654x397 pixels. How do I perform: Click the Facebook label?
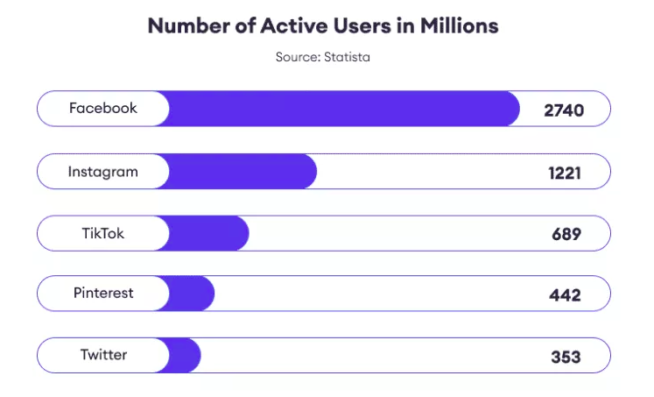tap(103, 109)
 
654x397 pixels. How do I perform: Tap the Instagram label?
tap(103, 172)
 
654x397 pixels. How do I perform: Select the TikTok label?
tap(103, 233)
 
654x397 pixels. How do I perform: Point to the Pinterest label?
tap(103, 294)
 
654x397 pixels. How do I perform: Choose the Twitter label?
tap(103, 355)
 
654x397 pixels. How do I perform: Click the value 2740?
tap(563, 110)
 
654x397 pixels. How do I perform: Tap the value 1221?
tap(565, 173)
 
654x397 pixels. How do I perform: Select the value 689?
tap(566, 234)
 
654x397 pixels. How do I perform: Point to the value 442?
tap(566, 294)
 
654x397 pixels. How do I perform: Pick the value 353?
tap(566, 357)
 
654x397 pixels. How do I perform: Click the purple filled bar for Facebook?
tap(341, 109)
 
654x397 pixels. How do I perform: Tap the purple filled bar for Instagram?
tap(241, 172)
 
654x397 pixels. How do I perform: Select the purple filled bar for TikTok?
tap(207, 233)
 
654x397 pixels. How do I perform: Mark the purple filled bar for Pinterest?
tap(191, 294)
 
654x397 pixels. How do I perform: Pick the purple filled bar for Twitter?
tap(184, 355)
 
